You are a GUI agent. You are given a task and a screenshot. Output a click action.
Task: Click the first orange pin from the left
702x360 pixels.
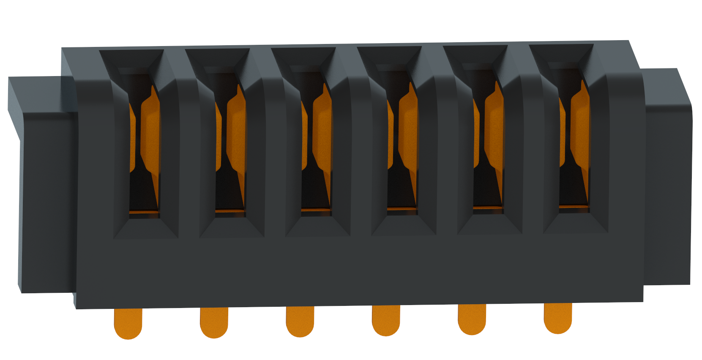coord(128,323)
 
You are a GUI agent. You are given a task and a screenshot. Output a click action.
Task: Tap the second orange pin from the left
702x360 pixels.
coord(214,322)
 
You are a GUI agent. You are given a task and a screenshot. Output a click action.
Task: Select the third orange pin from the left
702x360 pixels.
coord(300,321)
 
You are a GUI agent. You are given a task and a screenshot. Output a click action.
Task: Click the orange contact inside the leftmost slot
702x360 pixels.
coord(150,131)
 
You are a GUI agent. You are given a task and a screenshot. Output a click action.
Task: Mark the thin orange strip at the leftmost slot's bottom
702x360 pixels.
coord(144,211)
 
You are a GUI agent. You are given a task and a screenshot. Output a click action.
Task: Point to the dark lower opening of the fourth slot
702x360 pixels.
coord(399,190)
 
